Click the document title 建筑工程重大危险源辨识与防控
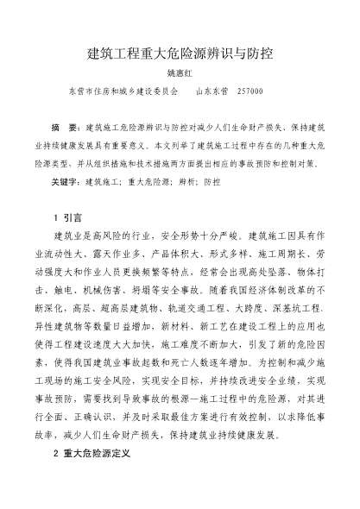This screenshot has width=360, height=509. point(180,53)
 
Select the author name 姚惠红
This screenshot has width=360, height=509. point(180,74)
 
